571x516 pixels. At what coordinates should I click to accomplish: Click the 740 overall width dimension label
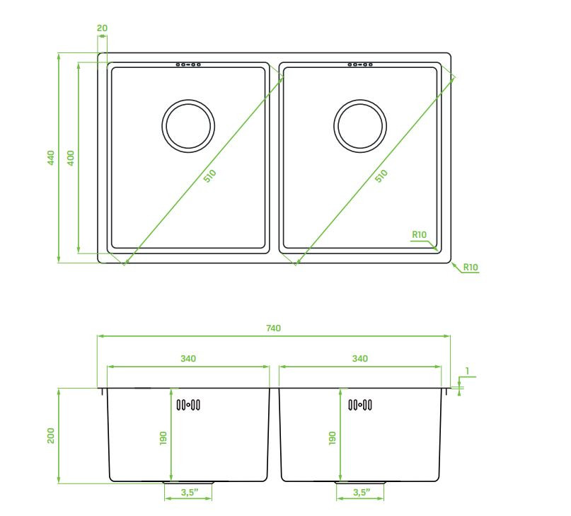coord(273,328)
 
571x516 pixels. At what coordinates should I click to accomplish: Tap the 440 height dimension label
coord(51,157)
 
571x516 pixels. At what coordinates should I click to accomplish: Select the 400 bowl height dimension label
coord(71,157)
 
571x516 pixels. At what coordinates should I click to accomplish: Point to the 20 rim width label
coord(103,28)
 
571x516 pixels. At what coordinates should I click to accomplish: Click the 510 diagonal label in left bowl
coord(209,176)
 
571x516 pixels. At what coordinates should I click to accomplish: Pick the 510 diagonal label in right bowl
coord(381,176)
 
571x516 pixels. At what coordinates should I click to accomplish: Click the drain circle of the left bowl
coord(188,100)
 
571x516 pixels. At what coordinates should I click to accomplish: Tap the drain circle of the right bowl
coord(360,100)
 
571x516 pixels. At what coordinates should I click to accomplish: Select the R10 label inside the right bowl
coord(419,235)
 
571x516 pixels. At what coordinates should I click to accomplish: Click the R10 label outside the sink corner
coord(471,267)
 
